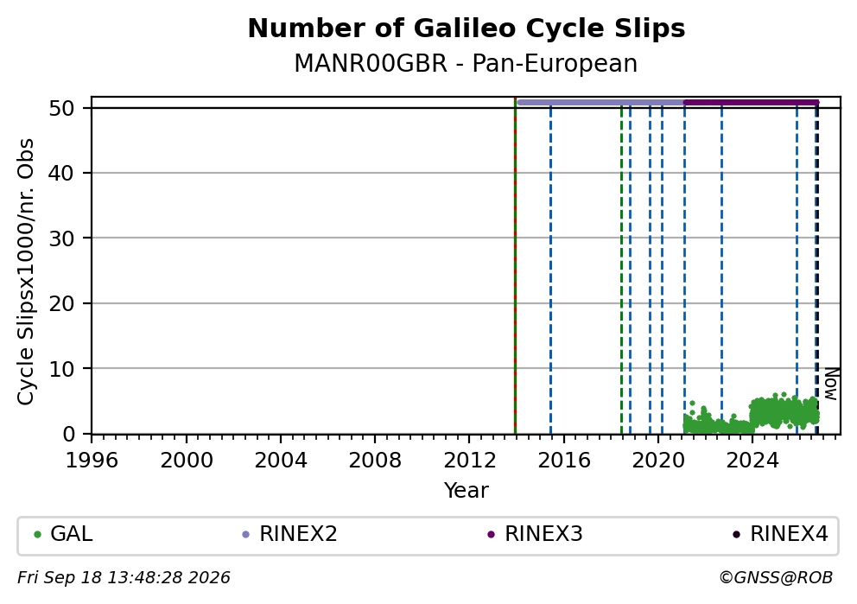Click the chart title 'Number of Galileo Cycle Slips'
[467, 29]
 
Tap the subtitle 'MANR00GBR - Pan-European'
[466, 63]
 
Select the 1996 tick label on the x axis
[92, 461]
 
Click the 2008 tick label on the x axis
[375, 461]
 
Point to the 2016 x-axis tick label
[563, 461]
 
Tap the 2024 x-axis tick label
[752, 461]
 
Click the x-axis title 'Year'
[467, 490]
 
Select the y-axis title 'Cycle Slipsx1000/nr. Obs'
[26, 271]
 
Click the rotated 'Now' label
[831, 384]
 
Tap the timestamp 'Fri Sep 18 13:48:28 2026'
[124, 578]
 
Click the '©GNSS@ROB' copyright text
[776, 578]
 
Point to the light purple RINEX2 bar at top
[600, 102]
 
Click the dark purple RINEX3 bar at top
[752, 102]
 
